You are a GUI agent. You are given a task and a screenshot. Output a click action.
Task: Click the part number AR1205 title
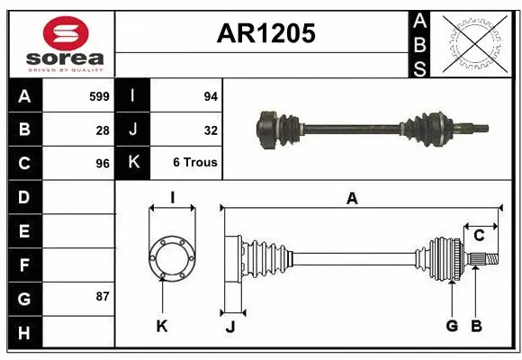click(x=265, y=33)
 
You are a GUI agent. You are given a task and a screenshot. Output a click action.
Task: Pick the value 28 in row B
click(x=103, y=130)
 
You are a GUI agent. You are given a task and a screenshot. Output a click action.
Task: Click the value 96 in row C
click(x=103, y=164)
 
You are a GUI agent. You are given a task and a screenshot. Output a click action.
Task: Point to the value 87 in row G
click(x=103, y=296)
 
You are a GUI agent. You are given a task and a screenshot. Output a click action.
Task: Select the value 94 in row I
click(x=209, y=95)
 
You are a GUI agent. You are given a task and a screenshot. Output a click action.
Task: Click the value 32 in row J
click(x=210, y=130)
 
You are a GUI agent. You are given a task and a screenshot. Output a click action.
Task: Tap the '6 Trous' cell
click(x=194, y=163)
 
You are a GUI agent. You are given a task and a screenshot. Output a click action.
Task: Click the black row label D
click(x=24, y=197)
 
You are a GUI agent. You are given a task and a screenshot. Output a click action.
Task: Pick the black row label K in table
click(x=132, y=163)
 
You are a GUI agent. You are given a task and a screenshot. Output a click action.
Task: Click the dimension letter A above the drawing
click(x=352, y=199)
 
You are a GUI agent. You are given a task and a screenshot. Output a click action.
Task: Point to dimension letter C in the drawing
click(x=480, y=236)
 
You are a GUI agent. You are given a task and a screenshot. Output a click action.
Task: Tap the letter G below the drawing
click(x=451, y=326)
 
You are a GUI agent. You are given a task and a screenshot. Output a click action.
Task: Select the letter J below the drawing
click(x=229, y=327)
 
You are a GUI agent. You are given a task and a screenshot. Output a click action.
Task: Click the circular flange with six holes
click(x=171, y=257)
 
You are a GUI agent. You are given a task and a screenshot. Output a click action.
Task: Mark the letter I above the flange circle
click(x=171, y=197)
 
